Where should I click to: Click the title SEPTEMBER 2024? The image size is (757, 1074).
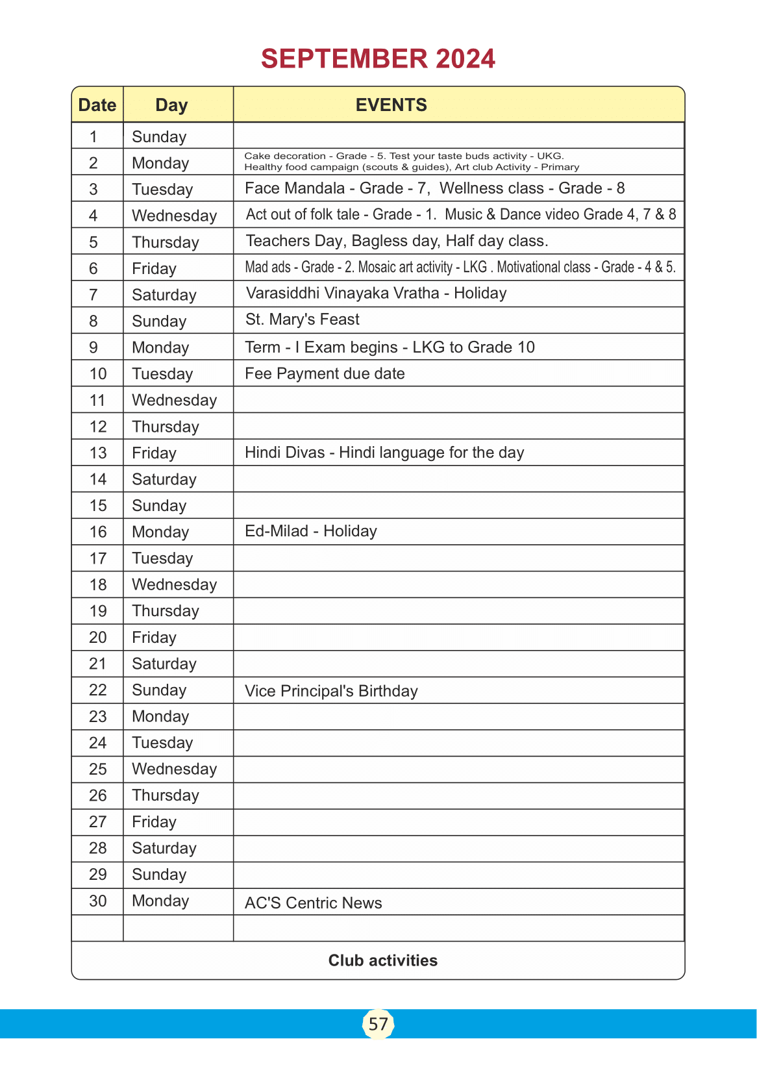pyautogui.click(x=378, y=59)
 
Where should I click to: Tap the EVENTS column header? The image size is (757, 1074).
pyautogui.click(x=391, y=105)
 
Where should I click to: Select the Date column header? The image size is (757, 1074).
pyautogui.click(x=97, y=105)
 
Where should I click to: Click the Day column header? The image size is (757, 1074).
pyautogui.click(x=171, y=105)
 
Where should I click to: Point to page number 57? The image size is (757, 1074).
pyautogui.click(x=378, y=1024)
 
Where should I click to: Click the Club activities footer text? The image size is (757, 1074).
pyautogui.click(x=382, y=960)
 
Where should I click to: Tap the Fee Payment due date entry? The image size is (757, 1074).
pyautogui.click(x=325, y=373)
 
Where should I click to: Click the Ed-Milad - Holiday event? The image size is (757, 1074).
pyautogui.click(x=310, y=531)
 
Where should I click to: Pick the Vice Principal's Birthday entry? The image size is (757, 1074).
pyautogui.click(x=331, y=691)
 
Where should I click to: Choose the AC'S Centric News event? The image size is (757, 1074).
pyautogui.click(x=313, y=903)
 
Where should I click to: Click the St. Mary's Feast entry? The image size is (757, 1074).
pyautogui.click(x=302, y=319)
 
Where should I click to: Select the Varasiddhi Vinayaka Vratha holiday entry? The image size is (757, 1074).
pyautogui.click(x=376, y=293)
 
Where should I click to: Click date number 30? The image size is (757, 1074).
pyautogui.click(x=97, y=901)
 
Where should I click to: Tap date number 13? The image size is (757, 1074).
pyautogui.click(x=97, y=453)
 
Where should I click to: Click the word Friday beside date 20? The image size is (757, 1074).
pyautogui.click(x=154, y=637)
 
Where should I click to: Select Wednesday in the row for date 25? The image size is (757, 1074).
pyautogui.click(x=174, y=769)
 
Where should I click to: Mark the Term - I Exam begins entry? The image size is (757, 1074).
pyautogui.click(x=390, y=347)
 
